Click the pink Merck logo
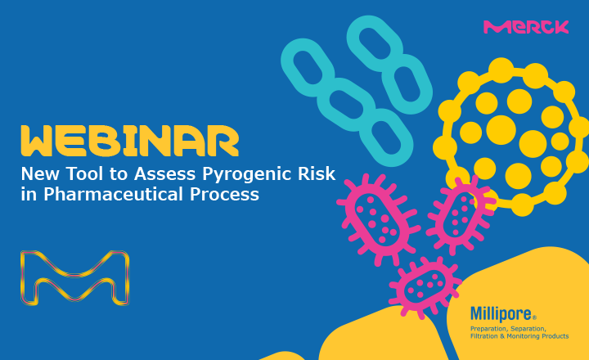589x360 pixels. click(x=526, y=27)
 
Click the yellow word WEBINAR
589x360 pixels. click(x=130, y=141)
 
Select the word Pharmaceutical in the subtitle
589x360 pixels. click(x=114, y=194)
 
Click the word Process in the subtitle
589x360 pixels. click(x=224, y=194)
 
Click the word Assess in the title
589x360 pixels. click(x=165, y=173)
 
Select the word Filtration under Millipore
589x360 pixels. click(x=483, y=336)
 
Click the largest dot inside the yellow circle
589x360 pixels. click(x=501, y=130)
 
